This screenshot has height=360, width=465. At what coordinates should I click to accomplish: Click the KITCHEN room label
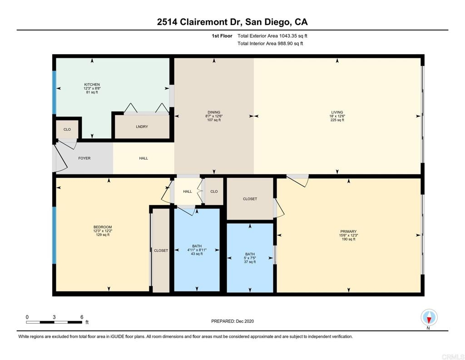click(92, 85)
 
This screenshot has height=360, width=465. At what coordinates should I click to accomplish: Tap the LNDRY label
click(142, 127)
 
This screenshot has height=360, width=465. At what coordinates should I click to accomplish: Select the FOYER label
click(84, 158)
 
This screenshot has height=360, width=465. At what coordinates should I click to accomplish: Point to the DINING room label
click(214, 112)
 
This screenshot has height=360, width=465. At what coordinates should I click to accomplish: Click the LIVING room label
click(337, 112)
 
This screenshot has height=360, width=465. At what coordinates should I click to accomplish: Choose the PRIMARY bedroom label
click(348, 231)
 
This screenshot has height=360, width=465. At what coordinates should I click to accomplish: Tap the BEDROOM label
click(103, 227)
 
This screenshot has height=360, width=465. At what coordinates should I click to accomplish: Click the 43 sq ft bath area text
click(197, 254)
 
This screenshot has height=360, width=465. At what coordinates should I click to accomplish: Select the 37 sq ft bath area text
click(250, 262)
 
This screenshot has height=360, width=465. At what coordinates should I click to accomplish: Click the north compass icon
click(429, 317)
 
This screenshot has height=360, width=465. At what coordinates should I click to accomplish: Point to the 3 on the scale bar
click(54, 317)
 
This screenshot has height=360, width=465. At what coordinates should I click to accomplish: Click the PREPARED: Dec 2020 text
click(232, 321)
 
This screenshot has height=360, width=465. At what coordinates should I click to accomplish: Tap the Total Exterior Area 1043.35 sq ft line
click(272, 36)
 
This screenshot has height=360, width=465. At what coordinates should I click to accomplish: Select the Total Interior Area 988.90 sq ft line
click(270, 43)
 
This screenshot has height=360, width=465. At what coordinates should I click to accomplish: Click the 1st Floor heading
click(222, 36)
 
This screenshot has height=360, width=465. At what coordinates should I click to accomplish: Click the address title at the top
click(232, 22)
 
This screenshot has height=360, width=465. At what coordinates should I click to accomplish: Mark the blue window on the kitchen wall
click(54, 92)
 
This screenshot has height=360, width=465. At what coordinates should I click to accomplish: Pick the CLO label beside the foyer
click(67, 130)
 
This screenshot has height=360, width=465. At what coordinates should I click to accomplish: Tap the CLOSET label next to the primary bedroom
click(250, 199)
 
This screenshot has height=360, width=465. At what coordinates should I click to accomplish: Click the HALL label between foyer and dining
click(143, 158)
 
